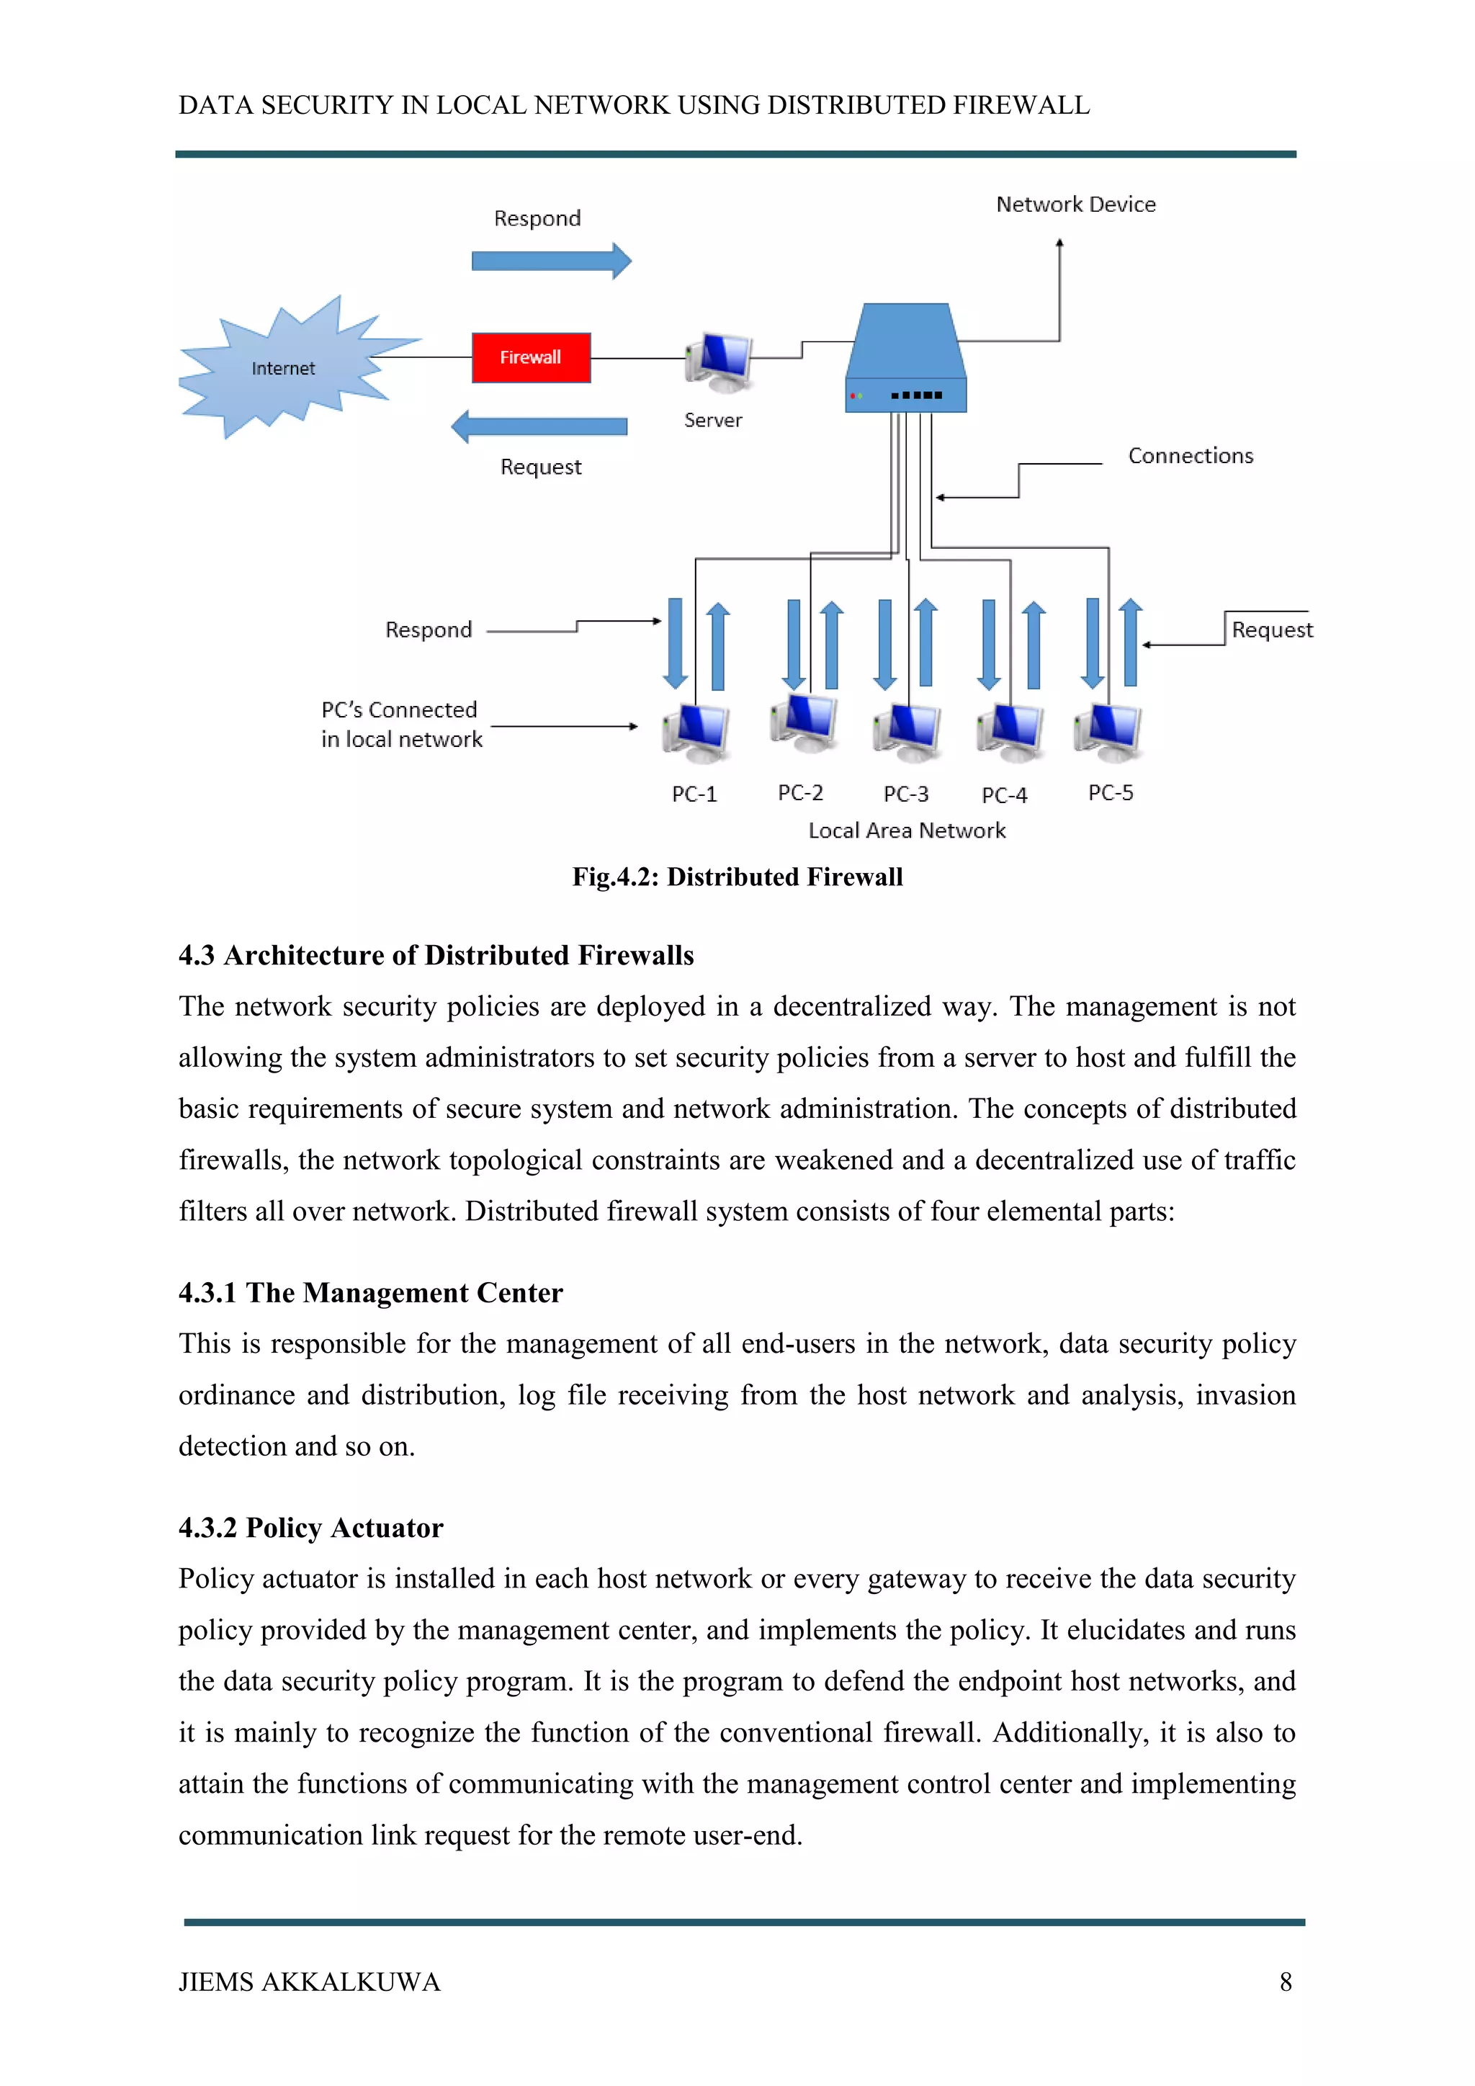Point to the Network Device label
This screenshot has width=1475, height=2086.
tap(1075, 205)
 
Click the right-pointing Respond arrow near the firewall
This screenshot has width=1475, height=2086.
tap(550, 261)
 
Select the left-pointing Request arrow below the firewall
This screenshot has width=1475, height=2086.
tap(539, 426)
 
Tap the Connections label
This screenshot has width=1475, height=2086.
tap(1190, 456)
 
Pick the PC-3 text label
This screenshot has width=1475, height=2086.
tap(905, 794)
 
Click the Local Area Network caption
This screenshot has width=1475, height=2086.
tap(907, 831)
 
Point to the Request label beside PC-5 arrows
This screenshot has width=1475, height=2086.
tap(1272, 630)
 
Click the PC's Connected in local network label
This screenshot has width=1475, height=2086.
tap(400, 724)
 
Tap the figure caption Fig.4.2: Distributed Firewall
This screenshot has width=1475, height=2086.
tap(737, 877)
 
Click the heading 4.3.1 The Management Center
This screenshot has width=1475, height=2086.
tap(371, 1293)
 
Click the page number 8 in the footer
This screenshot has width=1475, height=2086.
tap(1285, 1982)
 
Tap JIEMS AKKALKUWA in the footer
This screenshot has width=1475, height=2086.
tap(309, 1982)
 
